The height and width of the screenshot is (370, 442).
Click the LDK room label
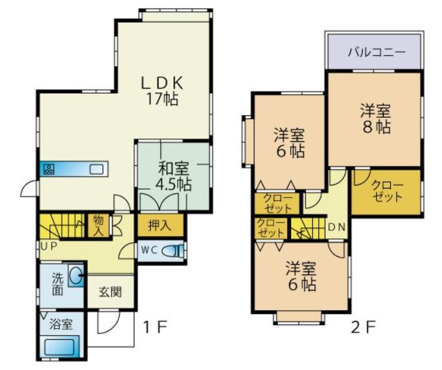tap(162, 83)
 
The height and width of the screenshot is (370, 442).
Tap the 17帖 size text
tap(162, 99)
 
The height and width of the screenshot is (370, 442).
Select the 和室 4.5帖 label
tap(173, 177)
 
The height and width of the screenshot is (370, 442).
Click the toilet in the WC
tap(171, 251)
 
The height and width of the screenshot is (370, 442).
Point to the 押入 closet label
tap(160, 226)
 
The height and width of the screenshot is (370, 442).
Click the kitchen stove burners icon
tap(49, 169)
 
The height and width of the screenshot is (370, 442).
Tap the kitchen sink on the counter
tap(97, 169)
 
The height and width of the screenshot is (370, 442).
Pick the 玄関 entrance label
tap(110, 292)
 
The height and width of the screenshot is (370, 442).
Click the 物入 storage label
tap(98, 226)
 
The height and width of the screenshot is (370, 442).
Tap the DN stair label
tap(337, 227)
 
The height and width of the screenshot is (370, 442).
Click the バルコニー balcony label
tap(376, 52)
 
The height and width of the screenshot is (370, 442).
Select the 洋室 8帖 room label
tap(376, 119)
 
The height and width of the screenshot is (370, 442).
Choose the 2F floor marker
tap(363, 328)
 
